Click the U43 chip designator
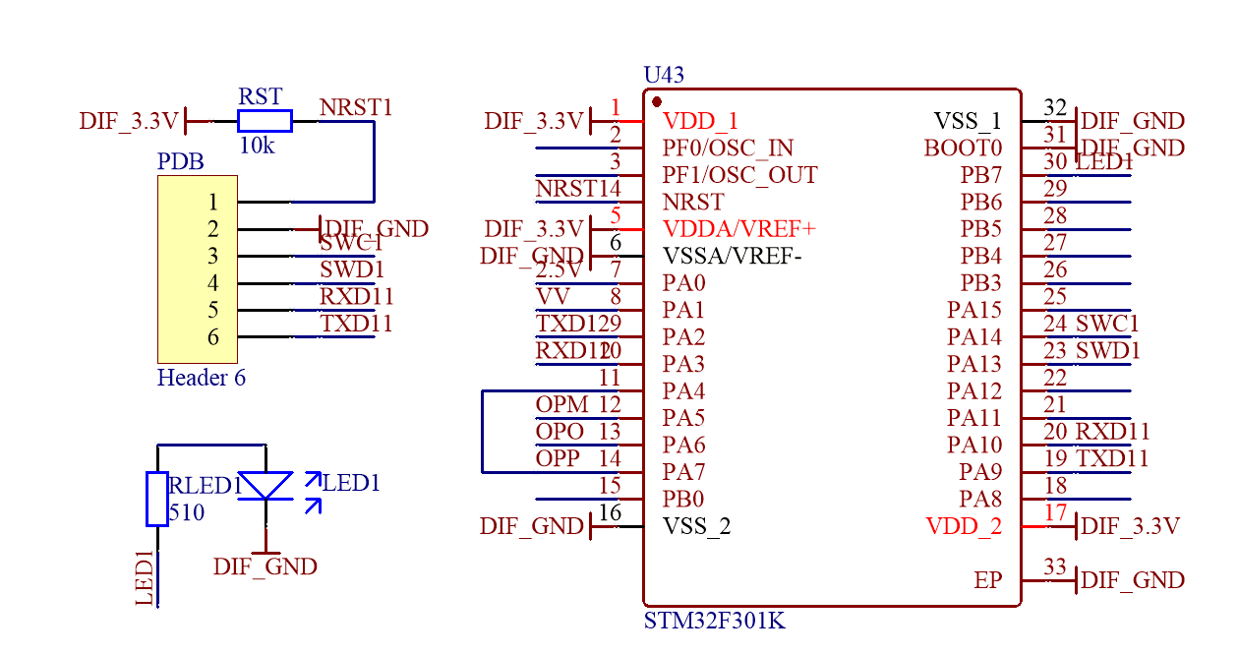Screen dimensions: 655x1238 664,75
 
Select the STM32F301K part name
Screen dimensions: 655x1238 714,622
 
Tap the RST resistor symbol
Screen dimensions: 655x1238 265,121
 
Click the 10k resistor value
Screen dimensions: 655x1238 257,146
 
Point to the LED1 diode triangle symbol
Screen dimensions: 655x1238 265,485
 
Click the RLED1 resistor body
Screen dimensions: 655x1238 156,499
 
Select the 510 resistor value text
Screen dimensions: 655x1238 187,512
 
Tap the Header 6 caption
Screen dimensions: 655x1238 202,378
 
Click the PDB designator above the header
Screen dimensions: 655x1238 181,161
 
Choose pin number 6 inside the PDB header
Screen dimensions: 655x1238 213,337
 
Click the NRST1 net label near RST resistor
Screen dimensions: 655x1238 356,107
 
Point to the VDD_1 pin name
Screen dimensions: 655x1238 700,122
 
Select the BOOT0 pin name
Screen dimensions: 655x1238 963,149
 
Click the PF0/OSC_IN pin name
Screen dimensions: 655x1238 728,149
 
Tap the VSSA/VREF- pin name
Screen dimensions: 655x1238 733,257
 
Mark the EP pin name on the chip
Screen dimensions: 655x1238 988,580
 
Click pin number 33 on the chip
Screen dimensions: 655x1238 1055,566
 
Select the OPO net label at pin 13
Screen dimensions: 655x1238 560,432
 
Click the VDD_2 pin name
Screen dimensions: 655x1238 964,526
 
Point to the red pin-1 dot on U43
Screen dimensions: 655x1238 657,101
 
